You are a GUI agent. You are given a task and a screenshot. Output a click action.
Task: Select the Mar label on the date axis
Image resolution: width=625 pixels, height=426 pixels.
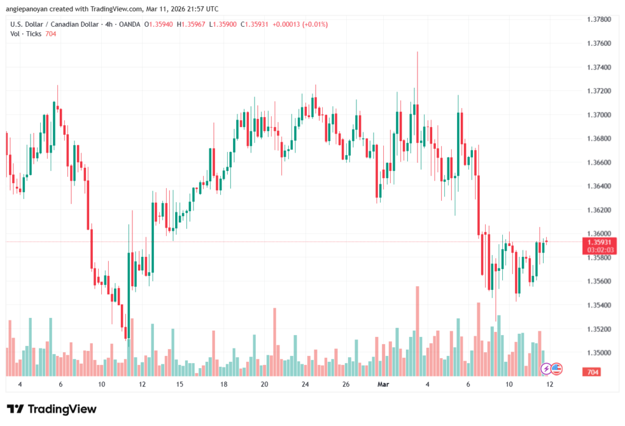coord(383,384)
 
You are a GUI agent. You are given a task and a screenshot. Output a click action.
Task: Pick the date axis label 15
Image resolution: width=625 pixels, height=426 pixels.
coord(180,384)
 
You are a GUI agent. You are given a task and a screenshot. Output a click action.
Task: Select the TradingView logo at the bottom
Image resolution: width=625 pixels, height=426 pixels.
coord(52,409)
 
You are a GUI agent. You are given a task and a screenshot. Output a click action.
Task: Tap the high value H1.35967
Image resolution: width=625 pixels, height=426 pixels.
coord(190,24)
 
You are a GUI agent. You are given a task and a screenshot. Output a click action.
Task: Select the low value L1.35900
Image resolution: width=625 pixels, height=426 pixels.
coord(223,24)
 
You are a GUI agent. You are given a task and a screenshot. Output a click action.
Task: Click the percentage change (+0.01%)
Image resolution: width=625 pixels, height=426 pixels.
coord(312,24)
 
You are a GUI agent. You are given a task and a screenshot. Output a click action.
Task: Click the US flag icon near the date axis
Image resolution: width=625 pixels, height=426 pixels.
coord(557,369)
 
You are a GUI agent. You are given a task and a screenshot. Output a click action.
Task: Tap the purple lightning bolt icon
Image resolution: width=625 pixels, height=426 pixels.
coord(546,369)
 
